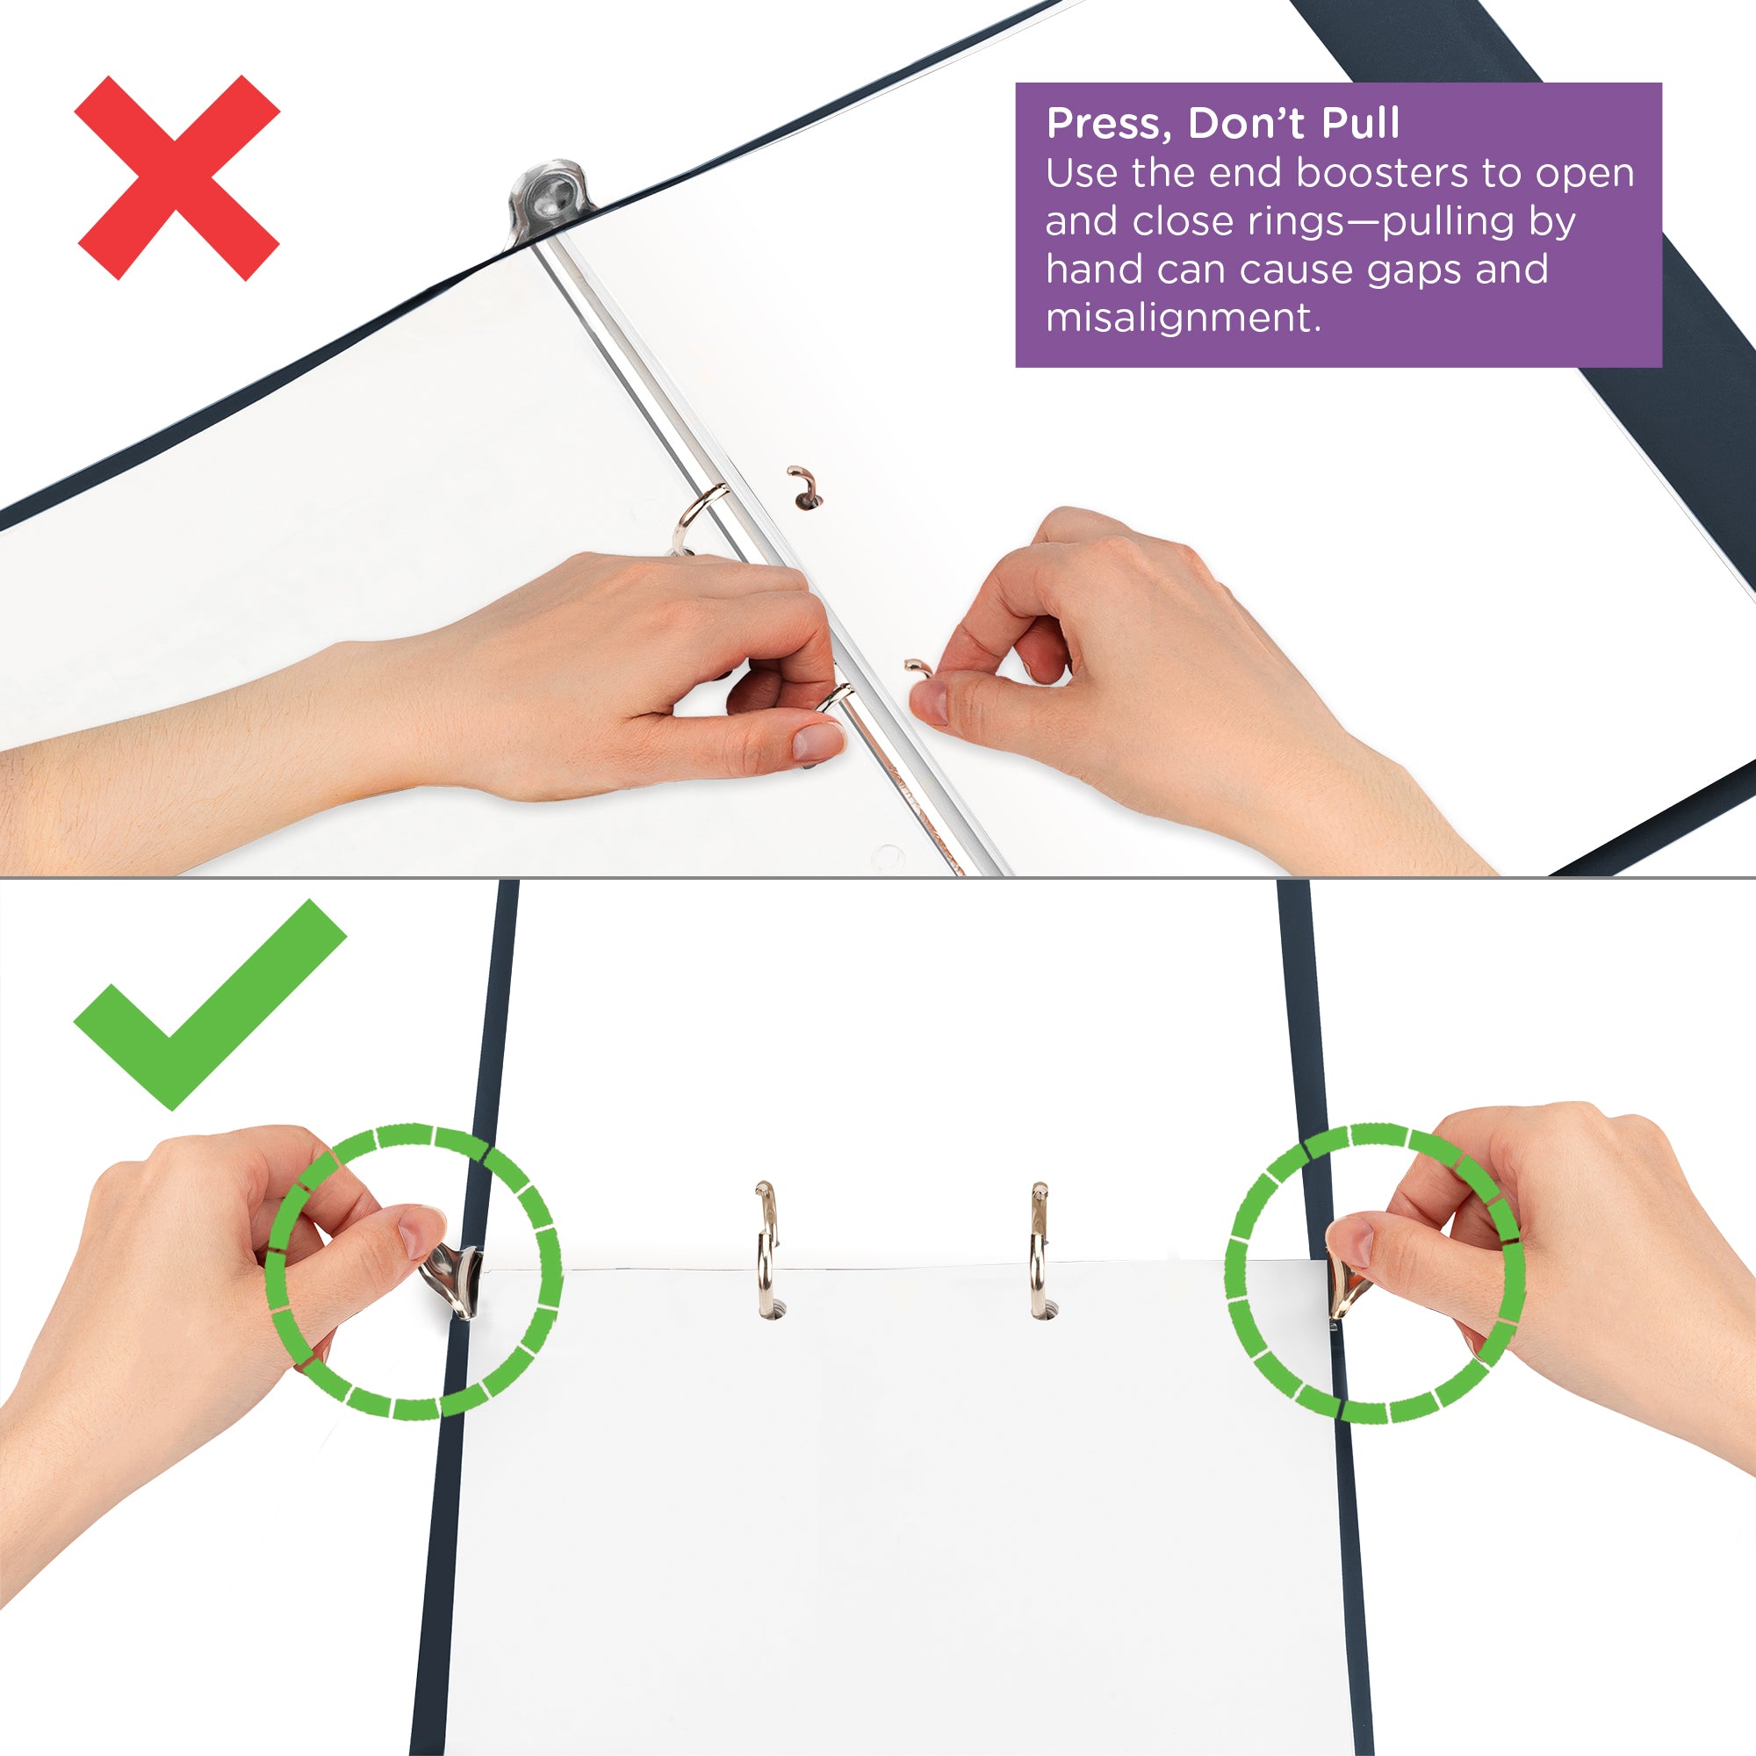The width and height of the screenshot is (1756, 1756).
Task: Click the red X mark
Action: coord(177,177)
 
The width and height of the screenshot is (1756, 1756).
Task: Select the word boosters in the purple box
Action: coord(1380,173)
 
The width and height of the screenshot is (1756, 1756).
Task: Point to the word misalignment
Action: coord(1182,317)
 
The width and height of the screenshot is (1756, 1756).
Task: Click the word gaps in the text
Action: coord(1414,269)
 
